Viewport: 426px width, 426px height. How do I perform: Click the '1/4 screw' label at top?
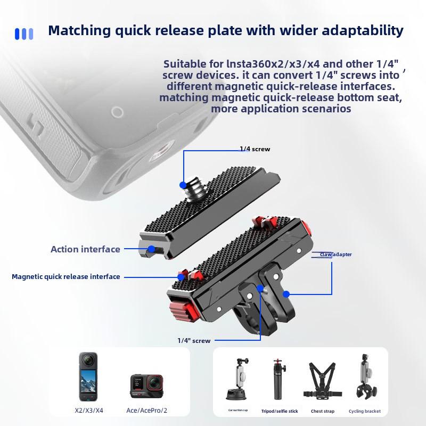[255, 149]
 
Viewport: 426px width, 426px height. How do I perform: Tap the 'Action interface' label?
[85, 249]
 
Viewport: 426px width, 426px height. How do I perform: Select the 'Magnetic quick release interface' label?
[65, 277]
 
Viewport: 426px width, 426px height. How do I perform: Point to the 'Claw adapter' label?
[335, 255]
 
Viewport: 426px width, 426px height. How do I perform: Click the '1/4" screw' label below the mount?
[194, 341]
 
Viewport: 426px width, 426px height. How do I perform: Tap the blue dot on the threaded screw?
[183, 185]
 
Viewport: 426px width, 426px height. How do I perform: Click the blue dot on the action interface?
[151, 249]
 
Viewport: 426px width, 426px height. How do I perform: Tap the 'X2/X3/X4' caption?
[89, 411]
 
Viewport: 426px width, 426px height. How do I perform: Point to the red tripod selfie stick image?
[278, 380]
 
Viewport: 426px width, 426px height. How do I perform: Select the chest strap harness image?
[322, 381]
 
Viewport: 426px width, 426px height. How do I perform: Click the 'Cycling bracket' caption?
[365, 411]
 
